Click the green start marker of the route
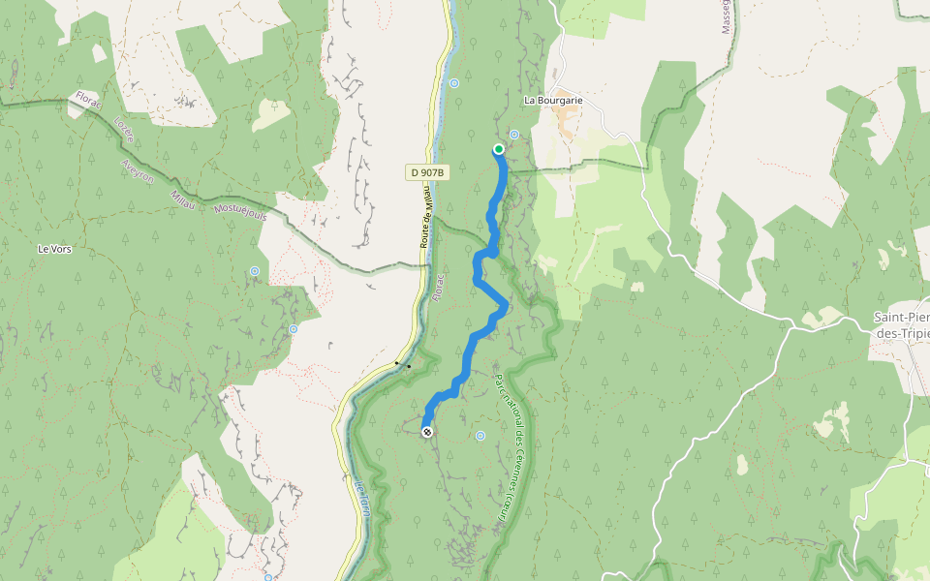(x=499, y=149)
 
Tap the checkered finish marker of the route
(x=426, y=432)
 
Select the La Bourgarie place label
(x=553, y=100)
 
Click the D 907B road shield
(x=427, y=172)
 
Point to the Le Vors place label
(x=54, y=249)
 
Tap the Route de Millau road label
(x=425, y=218)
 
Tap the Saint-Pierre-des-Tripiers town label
(x=901, y=324)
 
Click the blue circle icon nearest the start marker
(x=514, y=135)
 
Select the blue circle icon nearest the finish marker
(x=480, y=436)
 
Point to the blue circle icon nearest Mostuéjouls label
(x=255, y=271)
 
